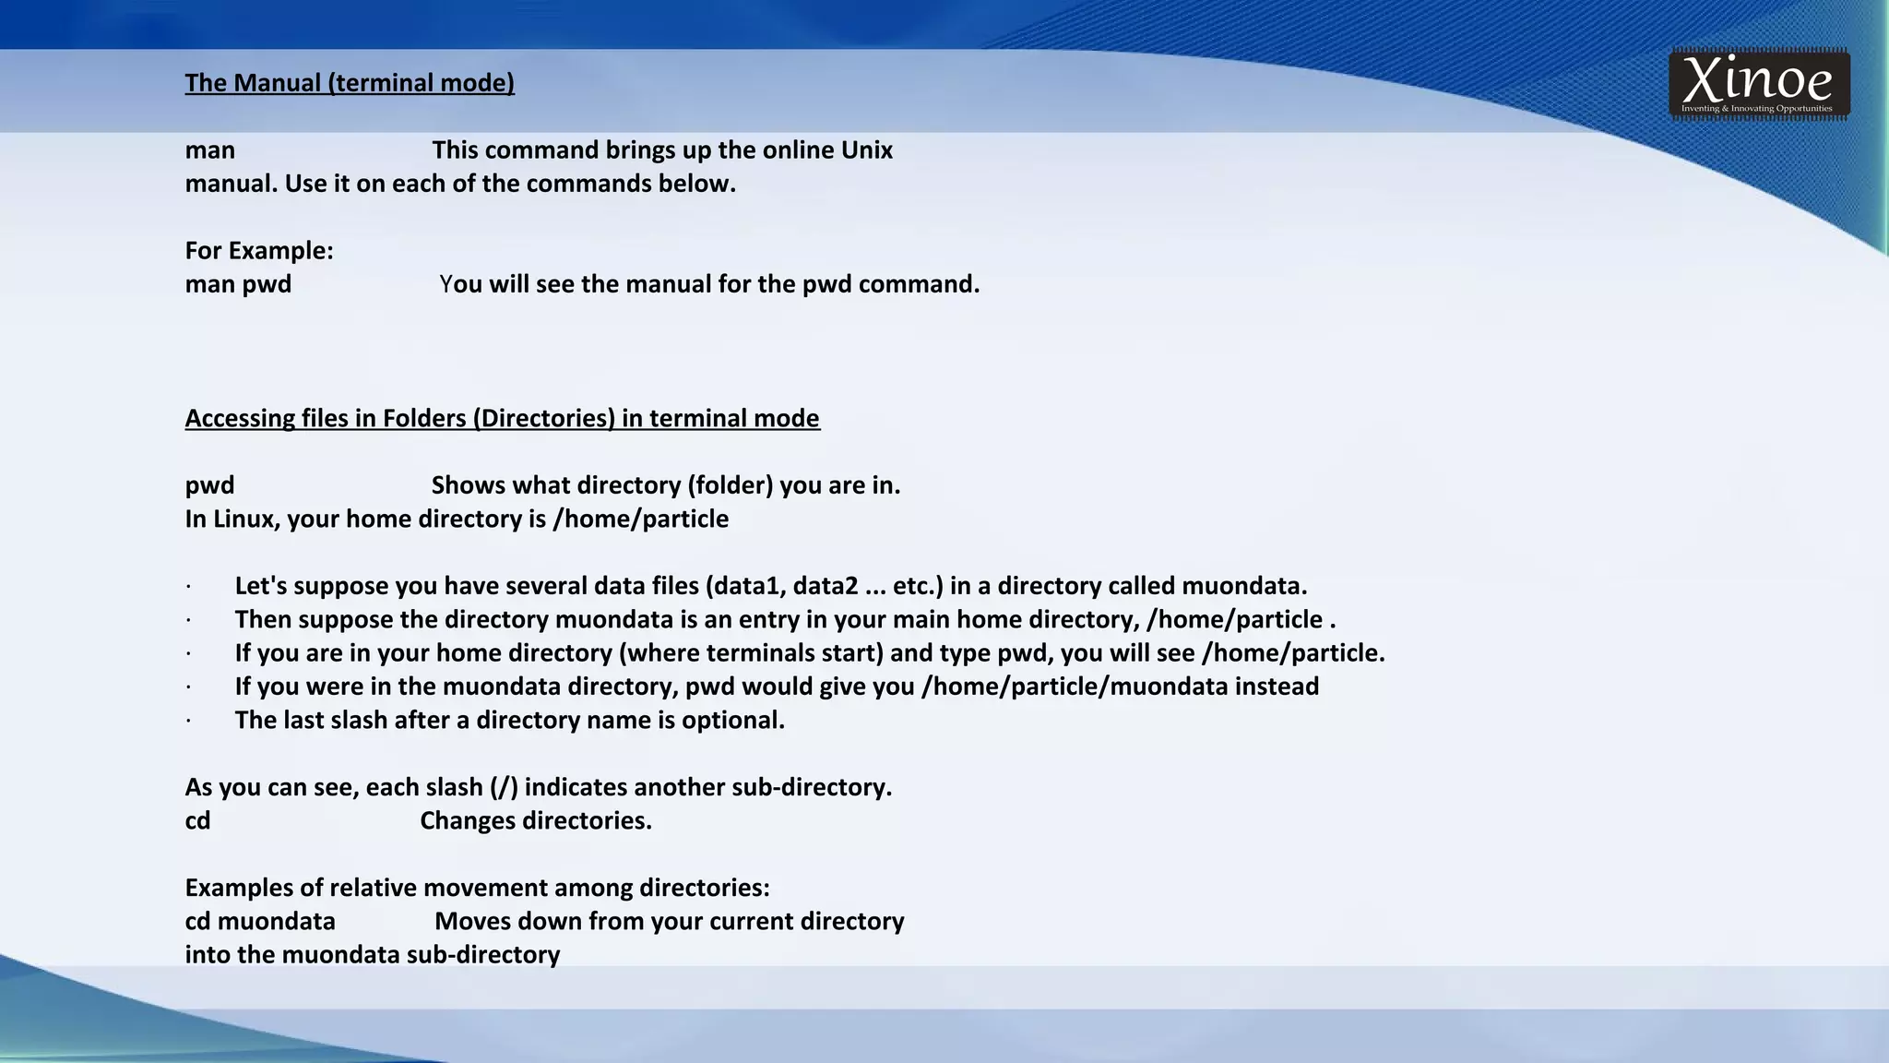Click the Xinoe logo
tap(1758, 84)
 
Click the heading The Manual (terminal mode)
tap(350, 83)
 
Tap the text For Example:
tap(259, 251)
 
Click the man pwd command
tap(238, 284)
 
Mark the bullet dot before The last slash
tap(188, 721)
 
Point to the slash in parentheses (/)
tap(504, 788)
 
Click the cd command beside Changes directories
tap(197, 821)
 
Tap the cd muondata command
tap(260, 922)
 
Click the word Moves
tap(471, 922)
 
